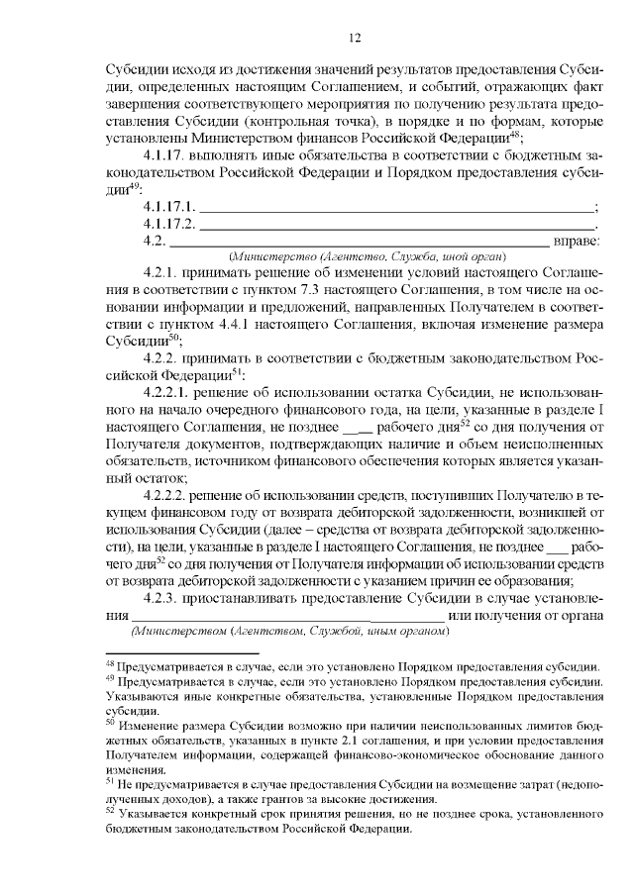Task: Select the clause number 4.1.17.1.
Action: (x=170, y=208)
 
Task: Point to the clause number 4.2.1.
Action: (x=159, y=271)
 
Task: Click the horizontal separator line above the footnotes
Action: (x=180, y=653)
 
